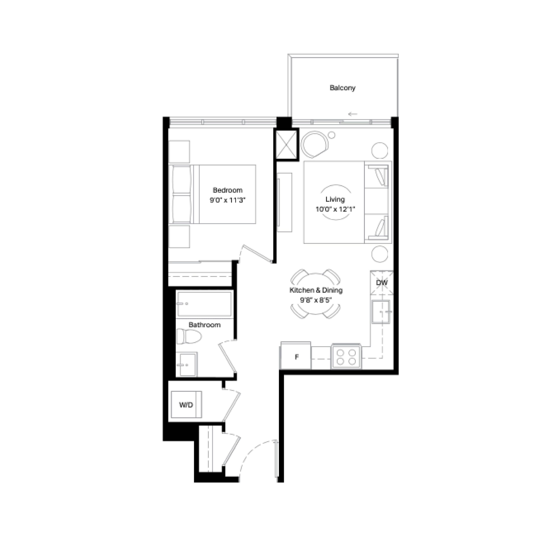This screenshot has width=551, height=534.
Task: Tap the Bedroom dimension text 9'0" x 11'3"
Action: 228,200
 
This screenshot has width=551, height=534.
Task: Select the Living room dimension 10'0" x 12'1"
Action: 335,209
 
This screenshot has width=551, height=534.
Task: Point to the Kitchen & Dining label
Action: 316,290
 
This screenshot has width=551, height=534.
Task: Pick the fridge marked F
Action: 296,356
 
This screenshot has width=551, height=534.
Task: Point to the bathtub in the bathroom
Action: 204,304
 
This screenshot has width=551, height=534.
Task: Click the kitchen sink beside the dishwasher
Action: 381,312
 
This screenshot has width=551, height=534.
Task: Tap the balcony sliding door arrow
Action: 353,114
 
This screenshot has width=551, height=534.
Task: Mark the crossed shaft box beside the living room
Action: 286,145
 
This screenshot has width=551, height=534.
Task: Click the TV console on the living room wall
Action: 285,202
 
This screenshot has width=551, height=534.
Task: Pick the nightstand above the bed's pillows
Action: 179,152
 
